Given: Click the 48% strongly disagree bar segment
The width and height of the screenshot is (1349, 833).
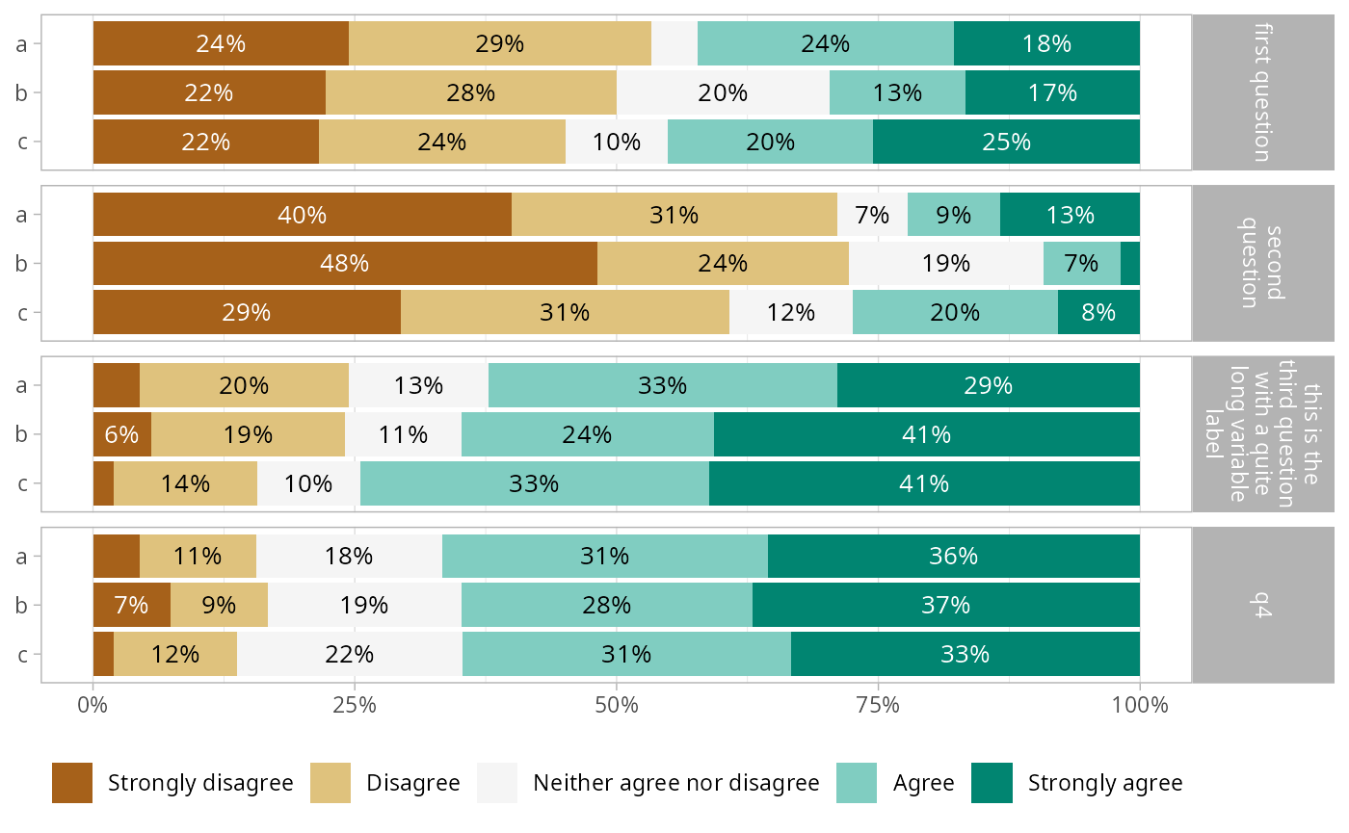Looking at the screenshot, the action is [345, 264].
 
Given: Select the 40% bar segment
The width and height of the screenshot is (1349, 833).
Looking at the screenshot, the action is [303, 214].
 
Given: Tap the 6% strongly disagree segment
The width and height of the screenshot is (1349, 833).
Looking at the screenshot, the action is [122, 434].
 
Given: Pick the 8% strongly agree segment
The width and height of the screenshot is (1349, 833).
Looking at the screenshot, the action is [1098, 312].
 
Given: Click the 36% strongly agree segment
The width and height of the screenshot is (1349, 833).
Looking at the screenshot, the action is [953, 557].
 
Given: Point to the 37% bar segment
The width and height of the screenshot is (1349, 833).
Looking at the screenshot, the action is [945, 605].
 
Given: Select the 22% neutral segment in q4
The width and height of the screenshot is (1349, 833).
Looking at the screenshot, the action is [349, 654].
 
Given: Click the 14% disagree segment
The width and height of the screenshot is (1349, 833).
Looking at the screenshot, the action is [185, 483].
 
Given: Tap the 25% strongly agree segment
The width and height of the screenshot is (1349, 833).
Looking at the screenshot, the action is [1006, 142].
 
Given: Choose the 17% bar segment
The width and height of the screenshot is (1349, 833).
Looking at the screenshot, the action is [1052, 92].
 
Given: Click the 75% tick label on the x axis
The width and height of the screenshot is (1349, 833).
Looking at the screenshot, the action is [878, 705].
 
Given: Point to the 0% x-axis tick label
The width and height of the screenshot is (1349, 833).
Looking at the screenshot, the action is [93, 705].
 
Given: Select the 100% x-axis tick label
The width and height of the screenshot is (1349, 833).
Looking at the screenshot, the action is [1139, 705].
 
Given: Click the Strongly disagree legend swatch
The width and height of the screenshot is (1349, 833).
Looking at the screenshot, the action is [72, 783].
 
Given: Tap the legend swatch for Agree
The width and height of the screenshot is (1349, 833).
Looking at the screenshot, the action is [857, 783].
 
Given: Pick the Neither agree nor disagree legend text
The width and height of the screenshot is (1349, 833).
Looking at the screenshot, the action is [676, 783].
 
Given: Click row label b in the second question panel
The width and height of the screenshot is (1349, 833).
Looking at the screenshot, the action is [21, 264].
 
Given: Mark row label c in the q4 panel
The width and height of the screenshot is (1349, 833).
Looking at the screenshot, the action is [22, 654].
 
